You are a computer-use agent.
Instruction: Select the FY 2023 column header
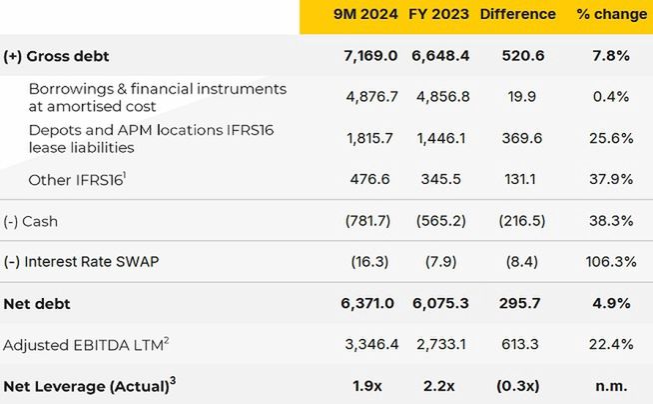pyautogui.click(x=438, y=14)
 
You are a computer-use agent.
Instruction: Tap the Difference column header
pyautogui.click(x=517, y=14)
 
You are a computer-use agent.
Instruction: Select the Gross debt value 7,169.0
pyautogui.click(x=369, y=56)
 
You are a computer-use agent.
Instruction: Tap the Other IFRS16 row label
pyautogui.click(x=72, y=180)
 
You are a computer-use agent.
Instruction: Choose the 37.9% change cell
pyautogui.click(x=610, y=180)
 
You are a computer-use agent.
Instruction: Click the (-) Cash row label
pyautogui.click(x=31, y=221)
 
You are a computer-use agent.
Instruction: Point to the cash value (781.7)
pyautogui.click(x=372, y=221)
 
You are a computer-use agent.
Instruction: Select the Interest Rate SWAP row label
pyautogui.click(x=81, y=262)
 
